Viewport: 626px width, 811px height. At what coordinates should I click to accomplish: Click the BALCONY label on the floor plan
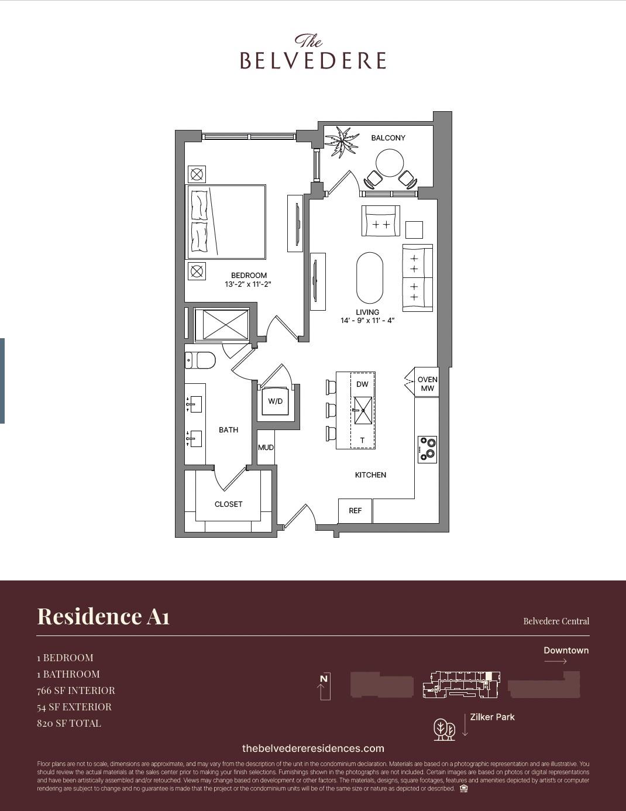pyautogui.click(x=388, y=138)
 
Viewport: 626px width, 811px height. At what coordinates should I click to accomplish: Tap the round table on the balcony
pyautogui.click(x=390, y=163)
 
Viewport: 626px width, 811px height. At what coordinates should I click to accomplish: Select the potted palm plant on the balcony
pyautogui.click(x=342, y=142)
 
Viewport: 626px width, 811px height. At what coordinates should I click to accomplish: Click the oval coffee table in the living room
pyautogui.click(x=370, y=277)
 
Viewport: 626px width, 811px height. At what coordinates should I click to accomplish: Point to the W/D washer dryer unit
pyautogui.click(x=275, y=401)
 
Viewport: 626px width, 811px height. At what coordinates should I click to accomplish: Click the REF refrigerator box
pyautogui.click(x=355, y=511)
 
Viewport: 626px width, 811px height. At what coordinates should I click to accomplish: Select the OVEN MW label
pyautogui.click(x=427, y=384)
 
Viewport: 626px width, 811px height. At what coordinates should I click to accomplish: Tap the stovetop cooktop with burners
pyautogui.click(x=427, y=449)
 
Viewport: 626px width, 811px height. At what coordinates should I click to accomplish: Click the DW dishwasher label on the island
pyautogui.click(x=362, y=384)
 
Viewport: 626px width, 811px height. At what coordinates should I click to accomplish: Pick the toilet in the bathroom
pyautogui.click(x=201, y=360)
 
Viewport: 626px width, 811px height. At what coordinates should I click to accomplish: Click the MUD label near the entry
pyautogui.click(x=266, y=448)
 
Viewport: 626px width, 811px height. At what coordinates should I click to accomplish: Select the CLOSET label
pyautogui.click(x=228, y=504)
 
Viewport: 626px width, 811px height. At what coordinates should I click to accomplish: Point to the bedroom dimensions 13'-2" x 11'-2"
pyautogui.click(x=248, y=284)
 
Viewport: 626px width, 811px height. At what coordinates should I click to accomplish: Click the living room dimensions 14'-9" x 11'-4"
pyautogui.click(x=367, y=321)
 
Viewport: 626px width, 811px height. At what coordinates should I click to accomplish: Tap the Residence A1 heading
pyautogui.click(x=104, y=616)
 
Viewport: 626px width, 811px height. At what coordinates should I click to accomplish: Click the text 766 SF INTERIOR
pyautogui.click(x=76, y=690)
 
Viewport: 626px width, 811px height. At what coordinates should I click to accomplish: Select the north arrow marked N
pyautogui.click(x=324, y=686)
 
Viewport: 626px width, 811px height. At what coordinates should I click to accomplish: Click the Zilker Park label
pyautogui.click(x=492, y=717)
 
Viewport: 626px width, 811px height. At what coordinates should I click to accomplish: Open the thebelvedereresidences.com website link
pyautogui.click(x=313, y=748)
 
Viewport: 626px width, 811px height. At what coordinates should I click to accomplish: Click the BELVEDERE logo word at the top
pyautogui.click(x=313, y=60)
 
